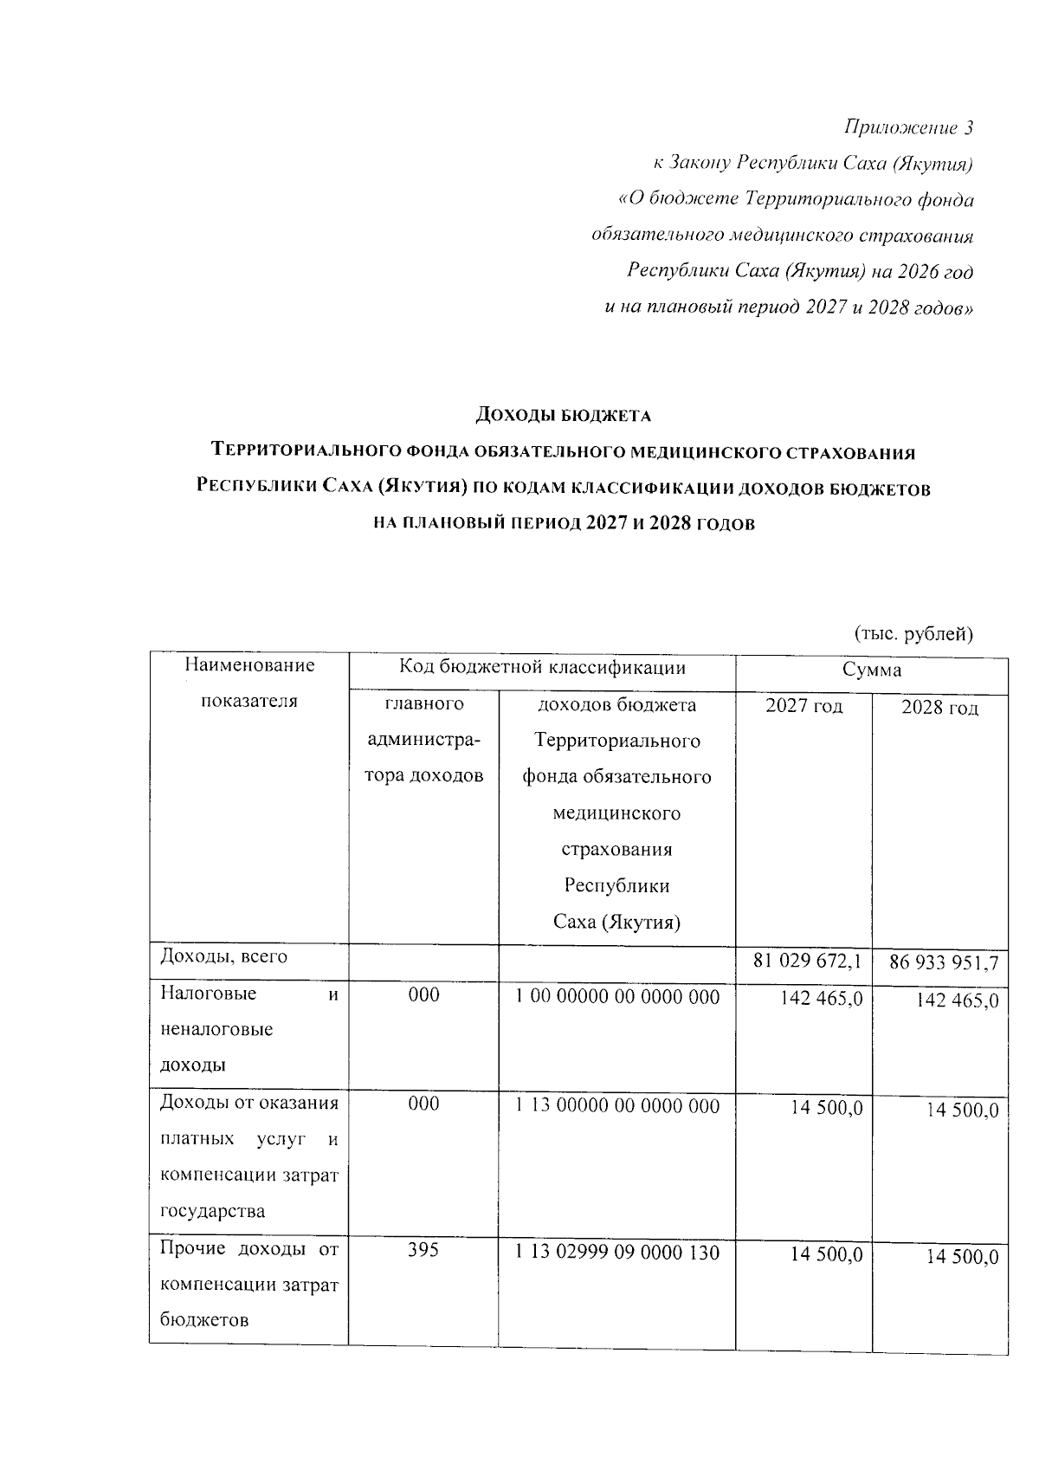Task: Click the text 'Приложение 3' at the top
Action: (908, 128)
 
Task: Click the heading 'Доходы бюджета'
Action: (563, 416)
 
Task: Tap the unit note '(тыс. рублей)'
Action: (913, 633)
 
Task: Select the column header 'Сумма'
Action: (872, 670)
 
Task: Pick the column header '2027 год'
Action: (803, 706)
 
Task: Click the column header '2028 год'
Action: (939, 709)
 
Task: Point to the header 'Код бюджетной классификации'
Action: (542, 667)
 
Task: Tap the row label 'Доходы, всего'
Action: (223, 956)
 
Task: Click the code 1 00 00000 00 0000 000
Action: (616, 997)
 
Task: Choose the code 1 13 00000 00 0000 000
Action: (616, 1106)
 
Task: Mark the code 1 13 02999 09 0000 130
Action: (616, 1253)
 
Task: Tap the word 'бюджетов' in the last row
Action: (204, 1320)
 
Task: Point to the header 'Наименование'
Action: (249, 665)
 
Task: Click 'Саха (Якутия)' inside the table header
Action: (616, 923)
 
